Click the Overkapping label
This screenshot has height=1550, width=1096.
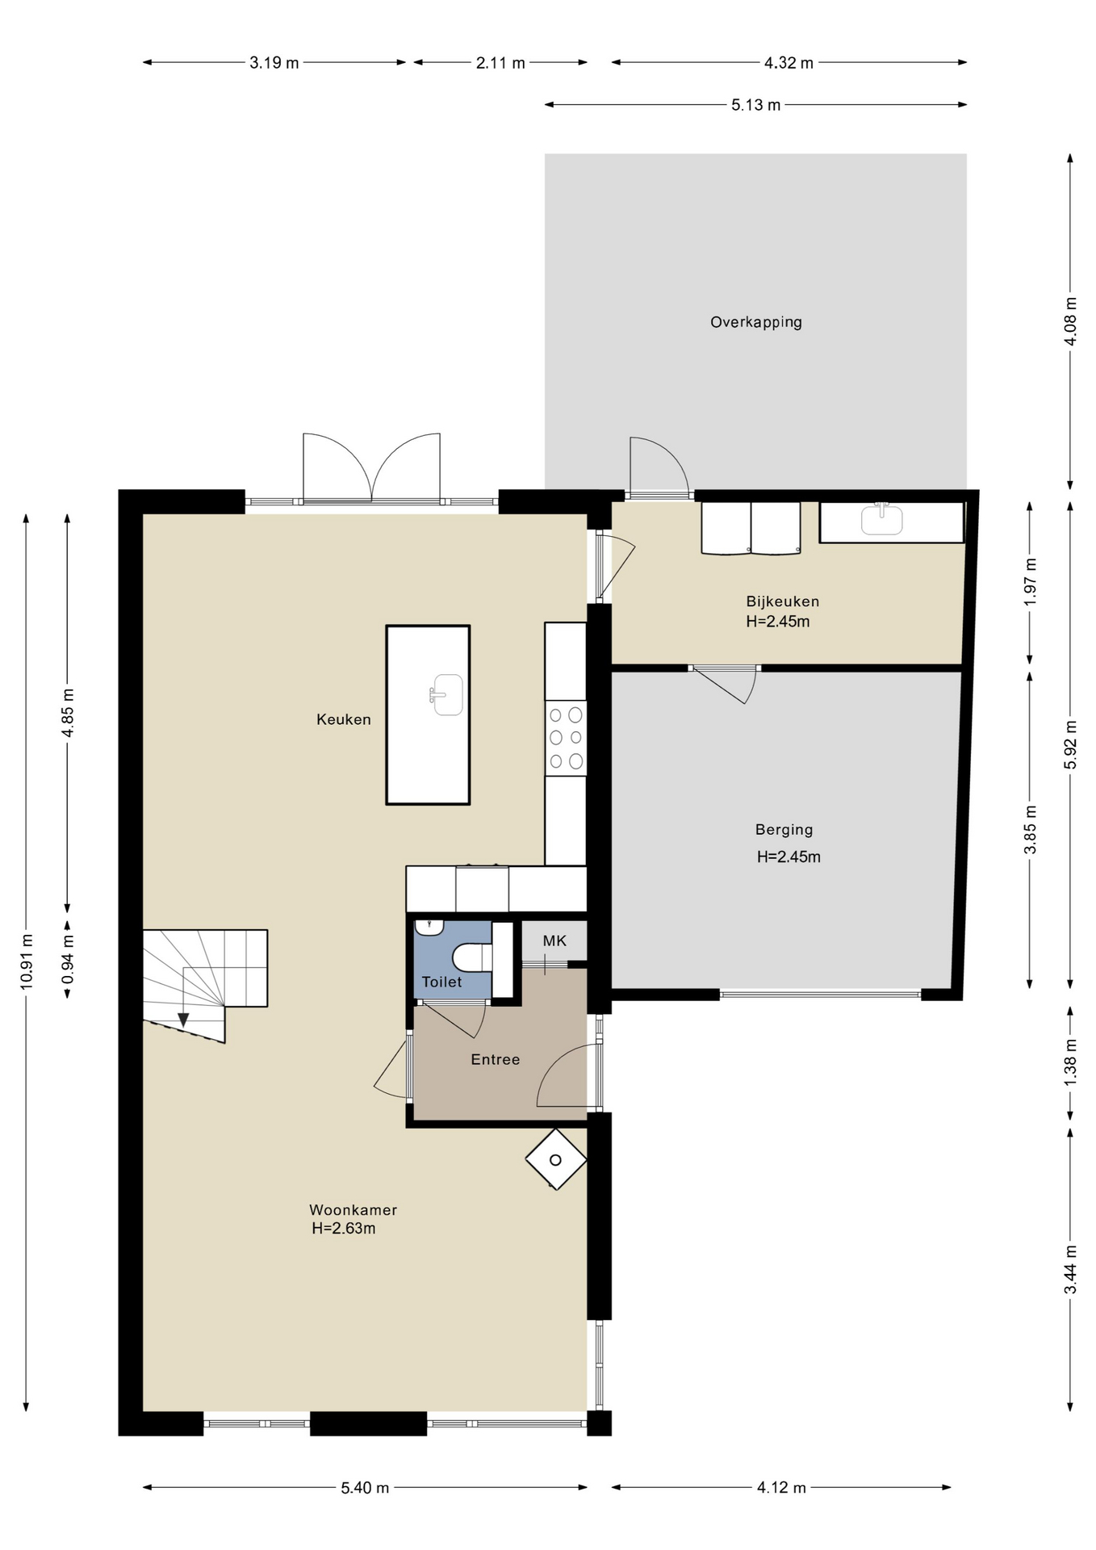point(755,322)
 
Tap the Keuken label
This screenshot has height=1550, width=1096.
point(344,719)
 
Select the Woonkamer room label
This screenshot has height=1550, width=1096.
point(353,1209)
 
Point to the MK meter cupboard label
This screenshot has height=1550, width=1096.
point(554,940)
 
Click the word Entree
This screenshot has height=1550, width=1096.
point(496,1059)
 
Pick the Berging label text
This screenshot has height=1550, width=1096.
point(784,829)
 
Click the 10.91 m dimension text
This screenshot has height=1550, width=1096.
point(27,961)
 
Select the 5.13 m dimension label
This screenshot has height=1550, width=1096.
point(756,105)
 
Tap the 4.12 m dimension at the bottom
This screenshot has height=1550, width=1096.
point(781,1487)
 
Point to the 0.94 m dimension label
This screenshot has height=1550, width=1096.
point(68,958)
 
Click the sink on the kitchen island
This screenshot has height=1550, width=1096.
point(446,695)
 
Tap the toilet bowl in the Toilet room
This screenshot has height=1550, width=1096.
point(472,958)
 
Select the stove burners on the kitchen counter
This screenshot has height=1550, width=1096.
point(566,738)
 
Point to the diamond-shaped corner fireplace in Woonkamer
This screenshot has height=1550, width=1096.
point(556,1159)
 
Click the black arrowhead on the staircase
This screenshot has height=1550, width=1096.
point(183,1020)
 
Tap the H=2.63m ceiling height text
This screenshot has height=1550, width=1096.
point(344,1229)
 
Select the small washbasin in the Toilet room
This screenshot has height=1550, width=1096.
point(429,928)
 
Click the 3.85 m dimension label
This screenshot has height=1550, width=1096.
point(1030,829)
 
